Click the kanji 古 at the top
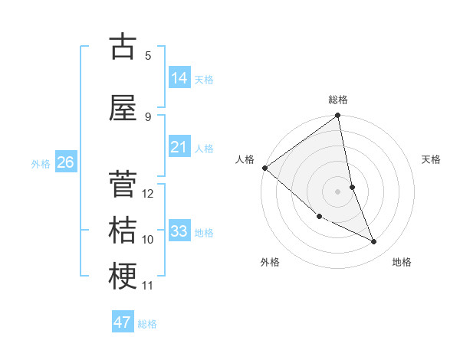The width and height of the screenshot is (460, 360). coord(123,47)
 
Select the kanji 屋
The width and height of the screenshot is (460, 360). coord(123,109)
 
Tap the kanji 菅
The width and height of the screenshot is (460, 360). coord(123,185)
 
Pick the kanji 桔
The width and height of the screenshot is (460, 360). coord(123,231)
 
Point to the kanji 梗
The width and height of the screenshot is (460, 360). coord(123,277)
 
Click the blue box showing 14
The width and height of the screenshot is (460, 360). coord(179,77)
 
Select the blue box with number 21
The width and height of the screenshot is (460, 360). coord(179,147)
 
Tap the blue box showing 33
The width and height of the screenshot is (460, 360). coord(179,231)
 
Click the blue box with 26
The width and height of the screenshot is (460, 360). coord(66,162)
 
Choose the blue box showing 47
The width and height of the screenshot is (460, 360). coord(123,322)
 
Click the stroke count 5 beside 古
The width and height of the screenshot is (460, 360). coord(148,56)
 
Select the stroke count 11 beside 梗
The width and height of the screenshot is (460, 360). coord(148,286)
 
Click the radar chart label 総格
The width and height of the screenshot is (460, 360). coord(338,100)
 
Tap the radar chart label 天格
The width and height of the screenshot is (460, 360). coord(432,159)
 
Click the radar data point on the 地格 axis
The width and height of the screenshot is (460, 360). coord(374,242)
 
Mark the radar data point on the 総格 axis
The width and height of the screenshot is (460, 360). coord(338,116)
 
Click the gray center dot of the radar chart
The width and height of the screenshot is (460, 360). coord(337,191)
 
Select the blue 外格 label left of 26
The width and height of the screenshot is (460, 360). coord(41,163)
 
